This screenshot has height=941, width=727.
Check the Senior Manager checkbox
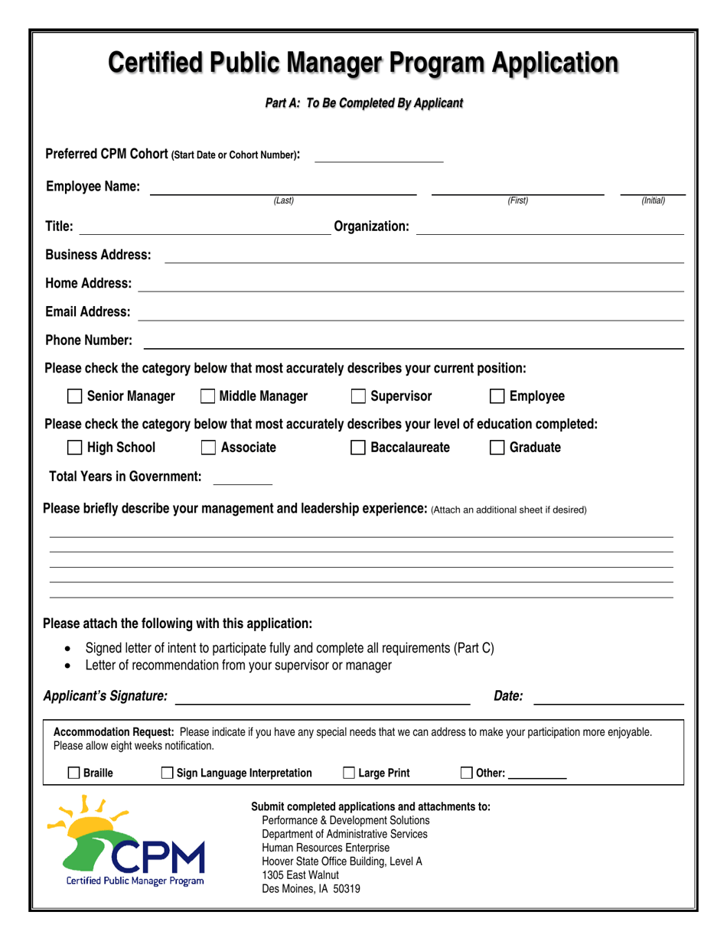pos(74,396)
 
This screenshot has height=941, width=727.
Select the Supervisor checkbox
pos(358,396)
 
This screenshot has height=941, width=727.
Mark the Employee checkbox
pos(497,396)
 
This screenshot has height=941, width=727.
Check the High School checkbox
pos(74,448)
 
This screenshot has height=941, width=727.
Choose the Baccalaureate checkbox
pos(358,448)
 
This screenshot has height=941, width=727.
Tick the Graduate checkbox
pos(497,448)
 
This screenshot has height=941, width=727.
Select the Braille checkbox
pos(73,773)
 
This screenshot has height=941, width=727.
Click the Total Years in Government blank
pos(243,480)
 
